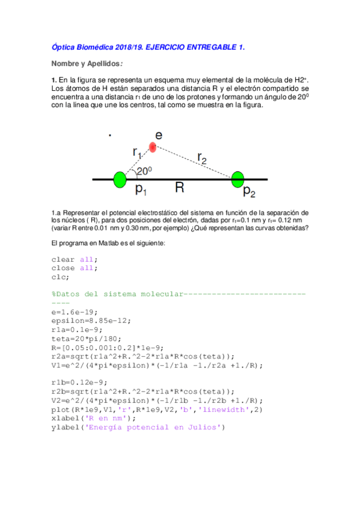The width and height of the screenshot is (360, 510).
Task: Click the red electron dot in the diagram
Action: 153,147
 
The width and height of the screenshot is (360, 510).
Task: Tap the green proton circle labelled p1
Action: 120,179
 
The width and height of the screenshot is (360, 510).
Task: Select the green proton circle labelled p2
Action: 238,179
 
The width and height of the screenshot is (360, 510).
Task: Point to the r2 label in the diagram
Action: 203,158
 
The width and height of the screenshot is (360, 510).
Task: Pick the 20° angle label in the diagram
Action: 144,171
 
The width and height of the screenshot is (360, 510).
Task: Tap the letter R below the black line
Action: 179,188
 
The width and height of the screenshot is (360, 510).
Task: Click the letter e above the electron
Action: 158,135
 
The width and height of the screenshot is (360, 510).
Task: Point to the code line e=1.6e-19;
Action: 75,313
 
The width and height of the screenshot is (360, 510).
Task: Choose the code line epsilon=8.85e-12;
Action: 90,322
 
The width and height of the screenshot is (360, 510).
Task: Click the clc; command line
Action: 60,277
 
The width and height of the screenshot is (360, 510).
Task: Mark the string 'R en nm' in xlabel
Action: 100,419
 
